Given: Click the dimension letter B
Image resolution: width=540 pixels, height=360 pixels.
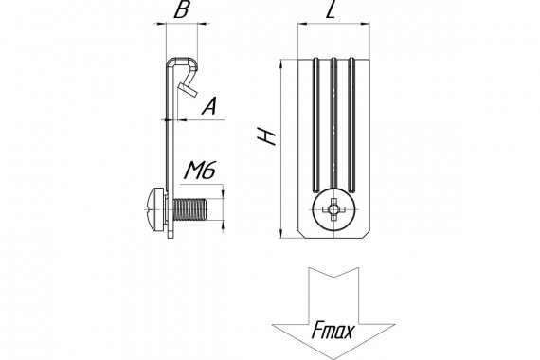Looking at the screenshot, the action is (182, 10).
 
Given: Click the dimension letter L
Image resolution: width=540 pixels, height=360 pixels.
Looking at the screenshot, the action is (331, 10).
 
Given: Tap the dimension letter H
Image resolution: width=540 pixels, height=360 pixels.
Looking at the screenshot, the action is (267, 136).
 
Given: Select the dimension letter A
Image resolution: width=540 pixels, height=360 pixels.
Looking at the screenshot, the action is (209, 106).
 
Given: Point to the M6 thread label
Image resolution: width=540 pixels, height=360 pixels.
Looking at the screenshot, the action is (200, 171).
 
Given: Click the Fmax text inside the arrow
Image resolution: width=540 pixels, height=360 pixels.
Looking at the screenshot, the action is (333, 331).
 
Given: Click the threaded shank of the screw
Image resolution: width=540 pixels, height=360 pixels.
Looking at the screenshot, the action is (190, 209).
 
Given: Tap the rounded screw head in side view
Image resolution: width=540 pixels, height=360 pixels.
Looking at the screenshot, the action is (155, 209).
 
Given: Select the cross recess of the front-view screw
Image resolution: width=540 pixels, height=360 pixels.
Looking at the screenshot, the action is (333, 209).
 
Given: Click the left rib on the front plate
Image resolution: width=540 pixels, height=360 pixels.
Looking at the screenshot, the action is (315, 125).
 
